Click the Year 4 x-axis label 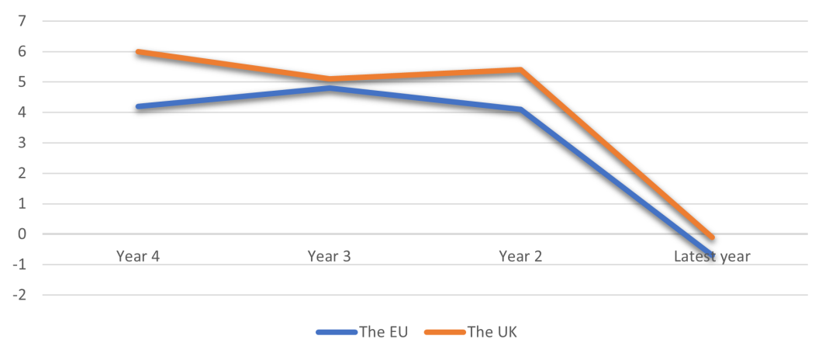pyautogui.click(x=138, y=256)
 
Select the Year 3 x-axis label pyautogui.click(x=330, y=256)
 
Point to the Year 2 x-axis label pyautogui.click(x=521, y=256)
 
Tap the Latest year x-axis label pyautogui.click(x=712, y=256)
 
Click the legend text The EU pyautogui.click(x=385, y=332)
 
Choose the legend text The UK pyautogui.click(x=492, y=332)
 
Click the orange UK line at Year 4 pyautogui.click(x=138, y=52)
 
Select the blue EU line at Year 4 pyautogui.click(x=138, y=106)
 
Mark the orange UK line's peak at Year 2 pyautogui.click(x=520, y=70)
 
